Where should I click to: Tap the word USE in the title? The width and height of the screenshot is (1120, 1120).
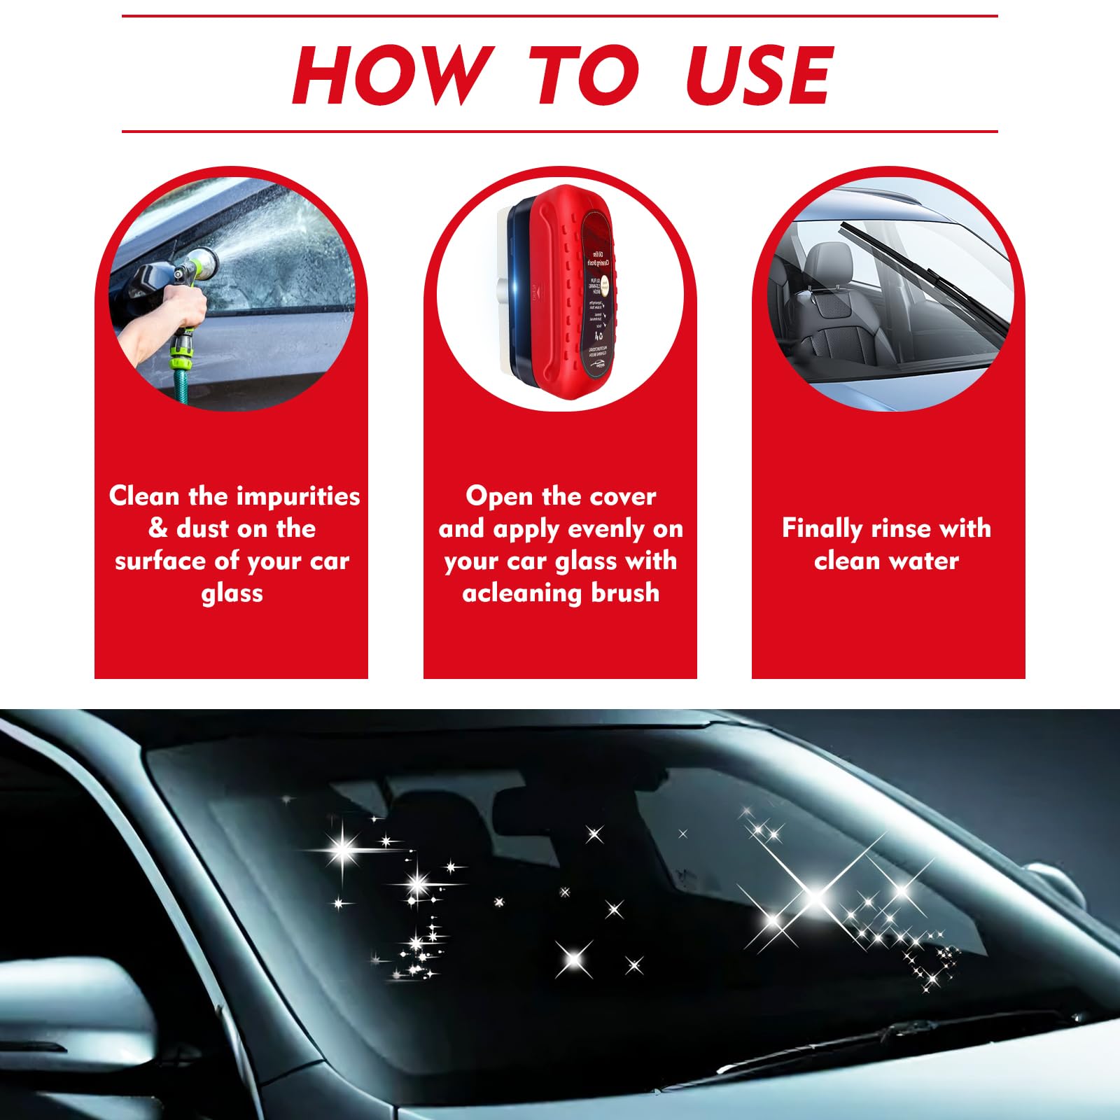[759, 75]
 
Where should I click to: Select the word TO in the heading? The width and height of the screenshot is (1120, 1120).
[582, 75]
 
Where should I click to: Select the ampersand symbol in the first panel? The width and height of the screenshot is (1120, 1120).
[158, 528]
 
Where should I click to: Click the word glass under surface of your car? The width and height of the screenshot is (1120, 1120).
[232, 594]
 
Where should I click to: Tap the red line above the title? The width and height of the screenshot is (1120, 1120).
[560, 16]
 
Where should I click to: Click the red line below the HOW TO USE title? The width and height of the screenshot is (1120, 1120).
[560, 131]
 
